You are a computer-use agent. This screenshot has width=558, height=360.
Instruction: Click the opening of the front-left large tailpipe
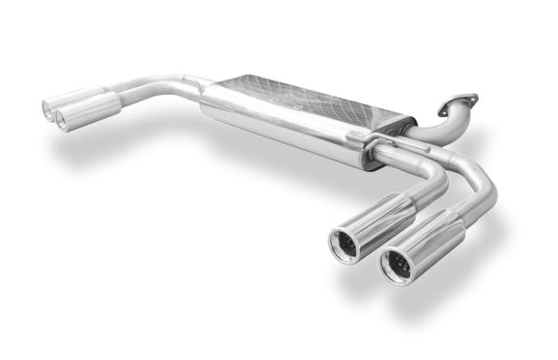pos(345,245)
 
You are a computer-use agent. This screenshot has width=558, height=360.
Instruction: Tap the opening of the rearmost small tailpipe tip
pos(48,108)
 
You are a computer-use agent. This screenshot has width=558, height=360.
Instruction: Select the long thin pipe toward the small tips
pos(158,86)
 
